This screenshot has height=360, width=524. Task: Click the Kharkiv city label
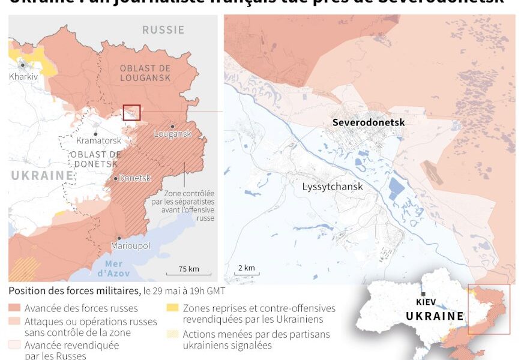[23, 77]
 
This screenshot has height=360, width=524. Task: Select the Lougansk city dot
[172, 126]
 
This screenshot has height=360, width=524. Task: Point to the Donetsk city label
[134, 178]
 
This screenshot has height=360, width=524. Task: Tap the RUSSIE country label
[163, 29]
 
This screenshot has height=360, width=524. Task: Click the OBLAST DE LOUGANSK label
[145, 73]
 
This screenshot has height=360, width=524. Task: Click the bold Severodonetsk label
[369, 122]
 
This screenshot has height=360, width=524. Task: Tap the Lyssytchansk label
[333, 187]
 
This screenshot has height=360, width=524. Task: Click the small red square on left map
[131, 112]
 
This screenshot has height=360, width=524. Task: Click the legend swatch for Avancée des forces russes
[15, 308]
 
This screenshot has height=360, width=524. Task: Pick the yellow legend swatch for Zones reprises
[172, 308]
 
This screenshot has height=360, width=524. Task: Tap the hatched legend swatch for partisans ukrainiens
[172, 335]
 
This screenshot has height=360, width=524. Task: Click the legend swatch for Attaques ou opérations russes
[15, 322]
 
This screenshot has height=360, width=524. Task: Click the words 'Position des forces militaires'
[74, 291]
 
